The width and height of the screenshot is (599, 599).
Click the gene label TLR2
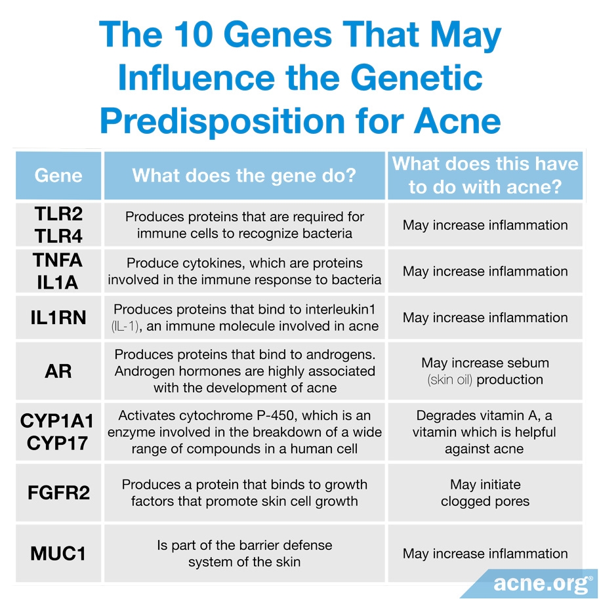click(58, 215)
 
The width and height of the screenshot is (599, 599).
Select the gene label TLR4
click(58, 235)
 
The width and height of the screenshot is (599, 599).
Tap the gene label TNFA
click(58, 260)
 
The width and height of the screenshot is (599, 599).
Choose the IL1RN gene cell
click(58, 318)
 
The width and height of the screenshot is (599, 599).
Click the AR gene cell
click(58, 371)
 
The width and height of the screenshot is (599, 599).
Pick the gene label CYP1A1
click(58, 421)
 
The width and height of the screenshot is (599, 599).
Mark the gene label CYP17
click(58, 443)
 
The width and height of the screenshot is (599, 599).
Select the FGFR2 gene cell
click(58, 493)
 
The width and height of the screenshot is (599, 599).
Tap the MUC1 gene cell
click(58, 554)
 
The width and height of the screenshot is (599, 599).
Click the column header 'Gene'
click(58, 175)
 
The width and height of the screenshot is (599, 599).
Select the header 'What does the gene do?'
click(244, 175)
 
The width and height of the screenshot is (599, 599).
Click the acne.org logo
click(543, 582)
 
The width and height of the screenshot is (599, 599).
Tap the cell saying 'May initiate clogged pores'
click(485, 493)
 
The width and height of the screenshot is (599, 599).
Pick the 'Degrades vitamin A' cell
click(485, 432)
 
